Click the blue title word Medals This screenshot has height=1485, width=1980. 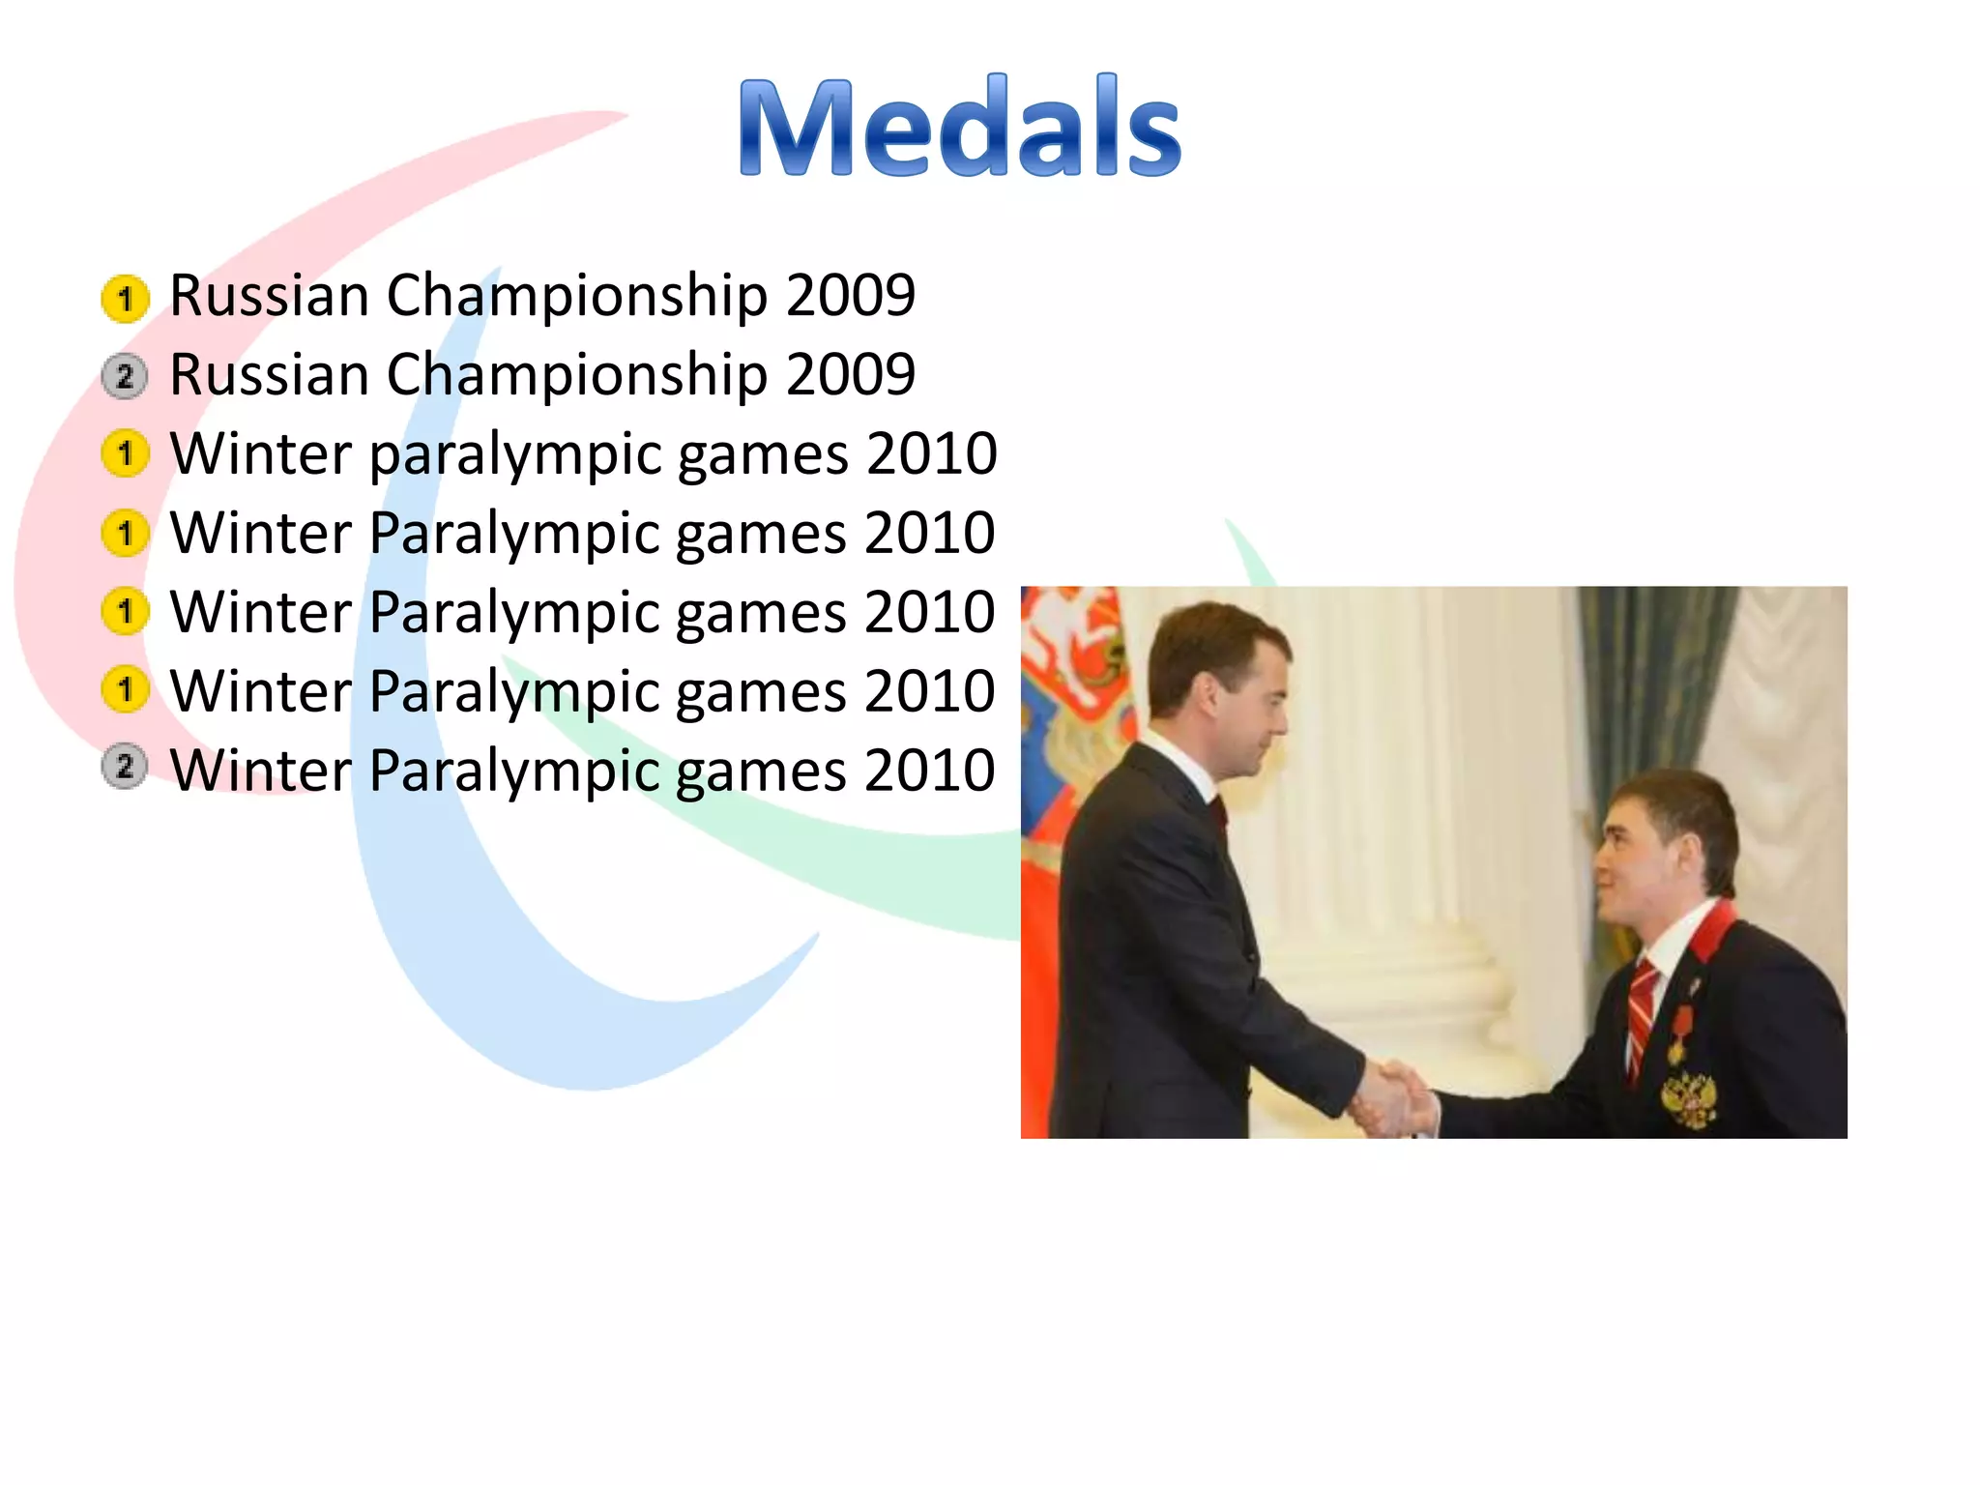[x=959, y=128]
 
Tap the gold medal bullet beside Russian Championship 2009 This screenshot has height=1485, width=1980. [x=125, y=298]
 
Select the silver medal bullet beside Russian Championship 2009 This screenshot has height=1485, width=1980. [x=125, y=376]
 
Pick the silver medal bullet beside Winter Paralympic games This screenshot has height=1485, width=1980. [x=125, y=768]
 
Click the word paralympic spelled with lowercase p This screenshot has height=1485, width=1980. [x=514, y=454]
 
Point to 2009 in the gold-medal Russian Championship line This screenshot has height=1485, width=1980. [x=850, y=296]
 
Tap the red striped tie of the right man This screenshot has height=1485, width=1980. [x=1641, y=1015]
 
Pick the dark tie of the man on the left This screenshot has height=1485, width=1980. [x=1220, y=812]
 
